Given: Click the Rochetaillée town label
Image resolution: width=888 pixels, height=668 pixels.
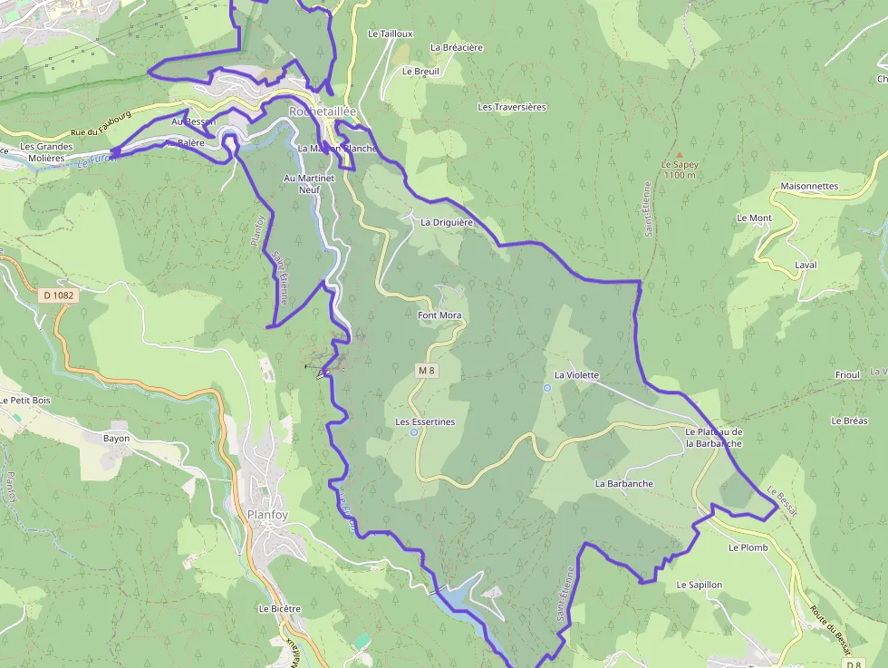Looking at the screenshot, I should point(323,111).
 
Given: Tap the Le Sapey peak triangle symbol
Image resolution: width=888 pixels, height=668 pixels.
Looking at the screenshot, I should point(679,155).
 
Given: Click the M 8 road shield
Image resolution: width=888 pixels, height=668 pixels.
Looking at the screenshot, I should point(428,371).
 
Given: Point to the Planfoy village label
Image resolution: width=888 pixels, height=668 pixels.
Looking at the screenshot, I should point(268,514).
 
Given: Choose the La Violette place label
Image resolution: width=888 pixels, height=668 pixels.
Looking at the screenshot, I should point(577,374).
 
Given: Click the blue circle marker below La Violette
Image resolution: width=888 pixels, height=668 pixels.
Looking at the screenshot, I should point(546,388).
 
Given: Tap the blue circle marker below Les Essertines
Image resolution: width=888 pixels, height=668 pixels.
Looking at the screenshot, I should point(414,433).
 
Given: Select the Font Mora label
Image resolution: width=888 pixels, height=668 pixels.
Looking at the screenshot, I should point(439,315).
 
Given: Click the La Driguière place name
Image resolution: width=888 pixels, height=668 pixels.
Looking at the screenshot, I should point(448,221).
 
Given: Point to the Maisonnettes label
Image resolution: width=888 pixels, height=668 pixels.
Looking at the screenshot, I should point(809,187).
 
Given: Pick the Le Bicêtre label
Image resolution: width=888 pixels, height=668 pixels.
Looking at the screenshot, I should point(279,609).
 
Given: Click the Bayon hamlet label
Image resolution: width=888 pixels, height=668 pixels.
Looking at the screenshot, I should point(116,439).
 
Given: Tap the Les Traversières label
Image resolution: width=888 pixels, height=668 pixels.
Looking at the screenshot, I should point(512,107).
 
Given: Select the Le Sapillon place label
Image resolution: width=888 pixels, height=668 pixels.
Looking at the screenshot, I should point(700,586).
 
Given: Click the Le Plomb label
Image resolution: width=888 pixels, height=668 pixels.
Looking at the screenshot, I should point(748,547).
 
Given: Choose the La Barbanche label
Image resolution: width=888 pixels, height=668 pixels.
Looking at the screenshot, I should point(623,484).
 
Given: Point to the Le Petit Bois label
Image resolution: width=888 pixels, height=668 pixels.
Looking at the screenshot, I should point(25,400).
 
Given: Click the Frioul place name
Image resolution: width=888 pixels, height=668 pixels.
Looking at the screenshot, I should point(847,375).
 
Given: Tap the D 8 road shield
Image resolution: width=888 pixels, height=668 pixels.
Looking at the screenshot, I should point(853,664).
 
